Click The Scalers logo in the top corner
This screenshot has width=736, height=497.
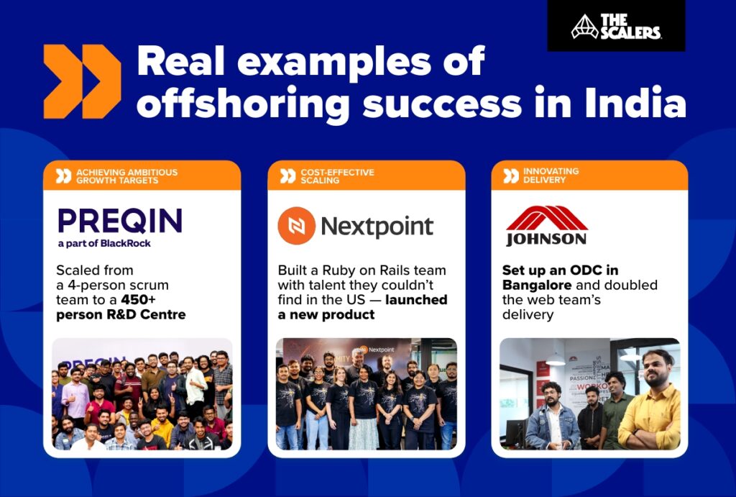[616, 27]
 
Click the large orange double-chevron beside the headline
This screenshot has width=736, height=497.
[81, 81]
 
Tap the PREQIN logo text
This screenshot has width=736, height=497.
[120, 221]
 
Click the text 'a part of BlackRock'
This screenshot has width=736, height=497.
[104, 243]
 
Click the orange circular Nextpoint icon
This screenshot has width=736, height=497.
[296, 226]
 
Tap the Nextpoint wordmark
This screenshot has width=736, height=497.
[377, 227]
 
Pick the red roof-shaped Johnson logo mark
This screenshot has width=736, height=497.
[546, 217]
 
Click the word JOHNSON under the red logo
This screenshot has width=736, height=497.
[546, 239]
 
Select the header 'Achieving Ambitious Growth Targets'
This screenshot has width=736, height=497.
[126, 176]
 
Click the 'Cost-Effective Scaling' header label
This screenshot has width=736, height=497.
[337, 176]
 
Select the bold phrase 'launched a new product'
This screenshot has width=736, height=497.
[362, 307]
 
